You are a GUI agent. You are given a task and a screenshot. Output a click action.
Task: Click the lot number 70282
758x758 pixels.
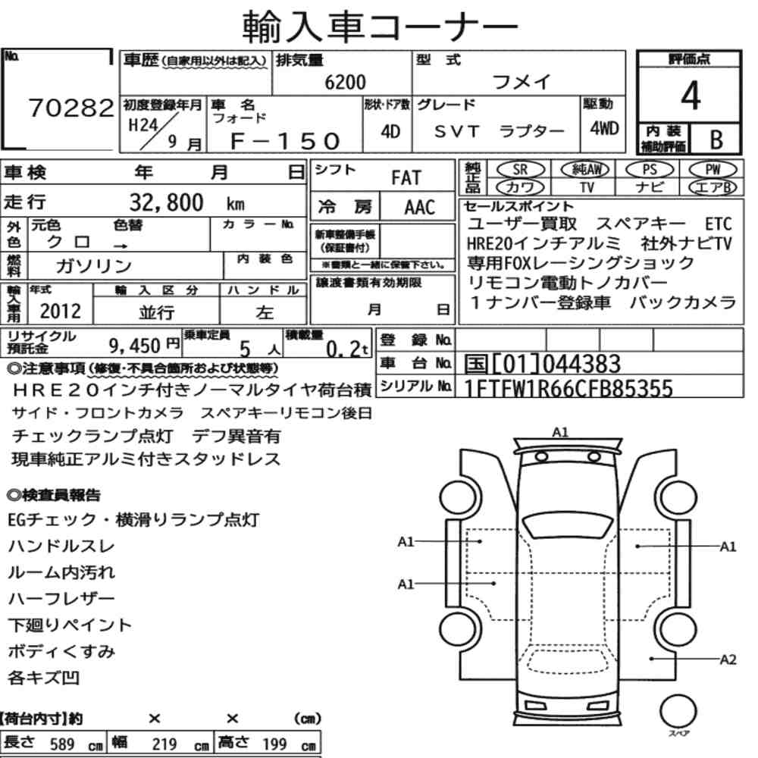click(x=71, y=108)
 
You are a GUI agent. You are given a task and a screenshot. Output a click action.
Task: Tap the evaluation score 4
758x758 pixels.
click(x=691, y=96)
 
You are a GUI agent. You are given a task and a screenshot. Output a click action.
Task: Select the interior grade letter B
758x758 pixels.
click(x=716, y=139)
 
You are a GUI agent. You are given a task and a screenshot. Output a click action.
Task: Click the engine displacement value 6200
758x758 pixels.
click(x=345, y=82)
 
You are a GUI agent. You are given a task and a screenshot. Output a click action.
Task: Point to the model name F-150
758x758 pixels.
click(x=285, y=141)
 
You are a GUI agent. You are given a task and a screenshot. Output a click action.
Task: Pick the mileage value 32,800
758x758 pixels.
click(x=166, y=202)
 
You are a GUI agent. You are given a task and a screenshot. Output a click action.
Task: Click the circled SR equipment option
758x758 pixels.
click(x=520, y=170)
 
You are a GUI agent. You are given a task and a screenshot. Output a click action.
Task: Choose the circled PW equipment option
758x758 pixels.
click(x=713, y=170)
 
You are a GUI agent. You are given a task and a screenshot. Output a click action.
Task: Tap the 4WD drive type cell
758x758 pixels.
click(x=604, y=129)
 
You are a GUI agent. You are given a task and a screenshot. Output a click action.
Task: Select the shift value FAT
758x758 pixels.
click(x=406, y=178)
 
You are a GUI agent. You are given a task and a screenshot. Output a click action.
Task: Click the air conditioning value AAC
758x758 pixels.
click(x=420, y=208)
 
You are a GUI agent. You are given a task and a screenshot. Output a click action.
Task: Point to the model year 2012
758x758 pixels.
click(x=61, y=311)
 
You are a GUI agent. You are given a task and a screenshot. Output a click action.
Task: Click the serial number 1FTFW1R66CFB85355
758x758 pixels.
click(x=568, y=388)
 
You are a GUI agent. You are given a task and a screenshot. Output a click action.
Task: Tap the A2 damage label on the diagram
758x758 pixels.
click(x=728, y=659)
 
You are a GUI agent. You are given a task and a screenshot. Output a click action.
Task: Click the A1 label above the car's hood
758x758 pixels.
click(x=560, y=432)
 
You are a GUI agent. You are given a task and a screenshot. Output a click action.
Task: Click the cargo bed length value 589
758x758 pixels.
click(x=62, y=744)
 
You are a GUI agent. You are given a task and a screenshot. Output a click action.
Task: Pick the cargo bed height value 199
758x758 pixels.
click(x=274, y=744)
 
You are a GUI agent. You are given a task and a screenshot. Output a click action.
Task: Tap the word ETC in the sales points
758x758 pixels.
click(x=719, y=224)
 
